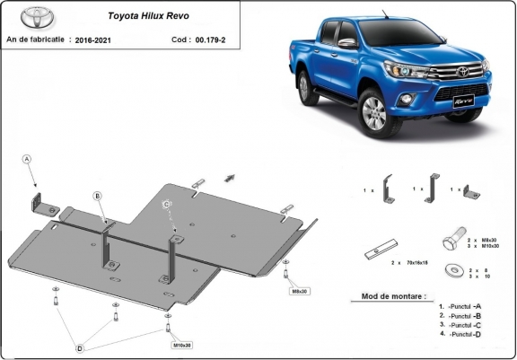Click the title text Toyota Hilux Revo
coord(148,15)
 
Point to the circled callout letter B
coord(98,196)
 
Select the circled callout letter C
coord(168,205)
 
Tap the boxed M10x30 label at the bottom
coord(182,344)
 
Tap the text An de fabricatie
coord(39,40)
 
